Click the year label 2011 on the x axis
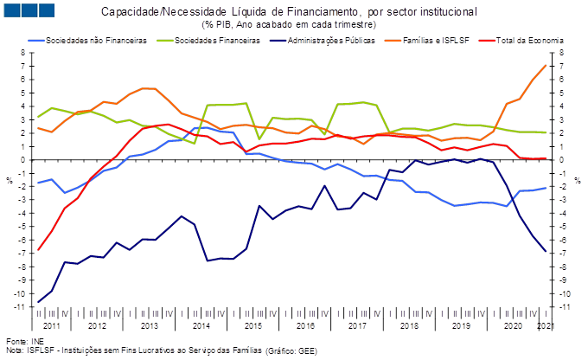[52, 327]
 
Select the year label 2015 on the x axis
[252, 327]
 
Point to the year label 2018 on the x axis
[409, 327]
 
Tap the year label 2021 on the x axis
[546, 327]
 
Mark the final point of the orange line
[546, 65]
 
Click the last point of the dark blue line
[546, 252]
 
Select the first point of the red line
[39, 250]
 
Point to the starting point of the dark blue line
[39, 302]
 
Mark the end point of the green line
[546, 132]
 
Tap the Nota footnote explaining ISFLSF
[160, 351]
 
